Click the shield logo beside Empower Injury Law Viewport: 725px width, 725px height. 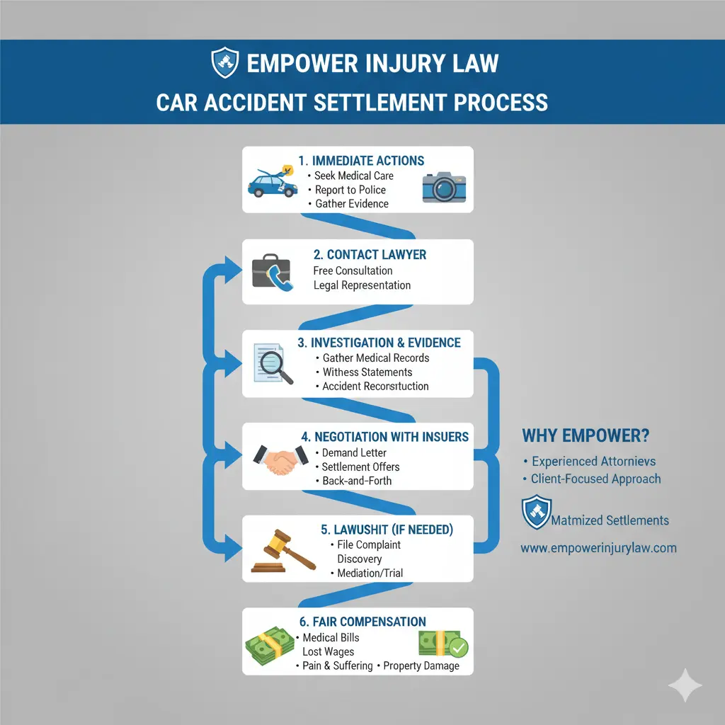227,63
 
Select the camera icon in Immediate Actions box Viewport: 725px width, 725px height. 445,185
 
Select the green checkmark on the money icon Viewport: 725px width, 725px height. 458,648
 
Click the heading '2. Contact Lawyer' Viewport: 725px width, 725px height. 370,254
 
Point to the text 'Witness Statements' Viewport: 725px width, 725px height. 367,372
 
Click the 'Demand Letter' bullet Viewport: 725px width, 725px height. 354,452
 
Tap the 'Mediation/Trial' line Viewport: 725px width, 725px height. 370,573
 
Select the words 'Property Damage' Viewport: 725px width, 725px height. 423,666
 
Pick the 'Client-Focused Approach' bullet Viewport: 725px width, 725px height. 596,479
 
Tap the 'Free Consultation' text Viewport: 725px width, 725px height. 353,270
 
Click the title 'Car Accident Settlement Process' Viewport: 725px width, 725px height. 352,101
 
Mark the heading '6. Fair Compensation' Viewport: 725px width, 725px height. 362,622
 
